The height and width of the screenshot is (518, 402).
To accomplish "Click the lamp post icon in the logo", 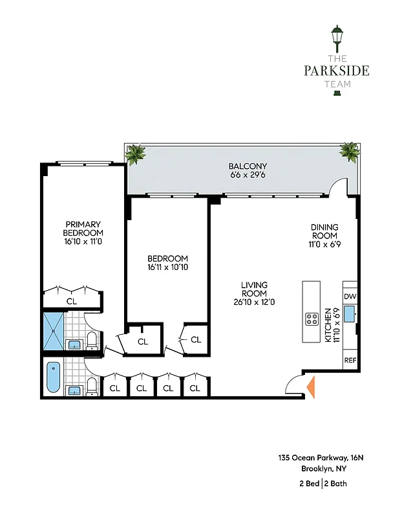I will coord(336,40).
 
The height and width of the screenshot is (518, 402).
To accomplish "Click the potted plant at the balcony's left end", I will coord(136,154).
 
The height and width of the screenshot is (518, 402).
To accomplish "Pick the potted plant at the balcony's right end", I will coord(350,152).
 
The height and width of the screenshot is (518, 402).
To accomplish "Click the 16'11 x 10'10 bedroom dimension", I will coord(167,267).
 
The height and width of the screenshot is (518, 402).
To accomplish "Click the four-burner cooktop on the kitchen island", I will coord(312,319).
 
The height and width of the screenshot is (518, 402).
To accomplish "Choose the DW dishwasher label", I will coord(350,297).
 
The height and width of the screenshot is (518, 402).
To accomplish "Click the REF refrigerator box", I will coord(350,360).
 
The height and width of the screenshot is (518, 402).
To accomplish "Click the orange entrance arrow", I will coord(310,387).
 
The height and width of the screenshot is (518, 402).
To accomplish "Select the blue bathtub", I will coord(52,377).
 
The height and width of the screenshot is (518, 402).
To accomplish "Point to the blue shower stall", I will coord(54,332).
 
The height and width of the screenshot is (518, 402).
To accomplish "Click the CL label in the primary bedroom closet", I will coord(71,300).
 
